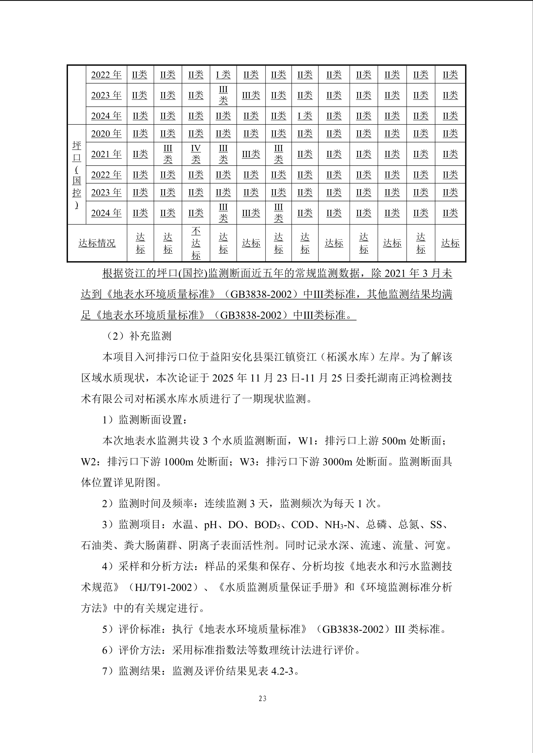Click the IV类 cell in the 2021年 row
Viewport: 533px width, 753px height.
tap(196, 154)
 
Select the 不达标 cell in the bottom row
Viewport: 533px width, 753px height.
tap(196, 243)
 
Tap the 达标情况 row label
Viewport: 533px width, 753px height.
tap(97, 243)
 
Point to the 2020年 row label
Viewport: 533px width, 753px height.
tap(106, 133)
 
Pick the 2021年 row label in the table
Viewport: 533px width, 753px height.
tap(106, 154)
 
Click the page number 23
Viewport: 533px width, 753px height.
tap(263, 698)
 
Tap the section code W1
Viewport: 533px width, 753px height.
tap(306, 441)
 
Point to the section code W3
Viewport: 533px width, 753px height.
tap(247, 461)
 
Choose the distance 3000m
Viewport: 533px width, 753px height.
tap(337, 461)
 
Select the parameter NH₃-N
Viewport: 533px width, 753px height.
tap(340, 525)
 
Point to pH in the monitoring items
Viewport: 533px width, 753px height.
tap(211, 525)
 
